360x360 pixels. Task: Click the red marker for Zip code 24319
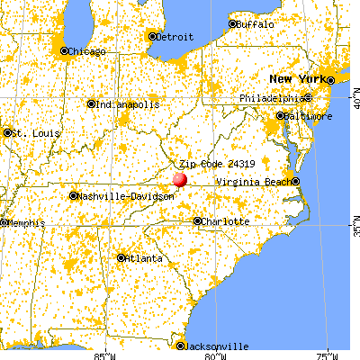[x=179, y=179]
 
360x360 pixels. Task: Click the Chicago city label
[x=88, y=50]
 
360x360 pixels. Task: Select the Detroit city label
[x=175, y=37]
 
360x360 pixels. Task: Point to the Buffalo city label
[x=256, y=24]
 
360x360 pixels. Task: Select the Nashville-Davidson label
[x=113, y=195]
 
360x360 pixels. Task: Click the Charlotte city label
[x=224, y=221]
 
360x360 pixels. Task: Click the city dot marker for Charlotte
[x=198, y=220]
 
